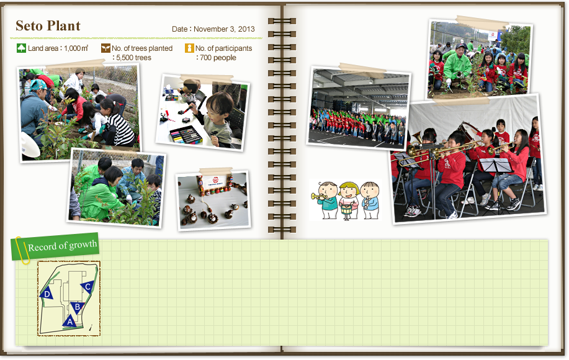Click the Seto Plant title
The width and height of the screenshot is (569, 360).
(48, 26)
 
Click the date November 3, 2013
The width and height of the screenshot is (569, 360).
(224, 29)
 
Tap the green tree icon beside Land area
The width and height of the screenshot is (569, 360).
(22, 48)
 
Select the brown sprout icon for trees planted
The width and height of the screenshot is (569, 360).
(105, 48)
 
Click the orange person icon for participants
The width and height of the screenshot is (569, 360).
(189, 48)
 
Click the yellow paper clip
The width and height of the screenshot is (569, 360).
(22, 250)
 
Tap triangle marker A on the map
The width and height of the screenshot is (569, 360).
(69, 322)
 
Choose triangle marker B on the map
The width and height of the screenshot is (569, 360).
(78, 307)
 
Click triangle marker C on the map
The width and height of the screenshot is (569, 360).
(87, 287)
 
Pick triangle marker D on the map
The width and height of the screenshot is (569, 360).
(47, 293)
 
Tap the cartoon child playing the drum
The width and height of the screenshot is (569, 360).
(348, 200)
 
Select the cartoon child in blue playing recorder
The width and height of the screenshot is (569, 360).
(370, 200)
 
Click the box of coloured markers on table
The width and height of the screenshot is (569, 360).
(186, 135)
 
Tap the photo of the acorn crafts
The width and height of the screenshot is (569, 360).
(213, 200)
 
